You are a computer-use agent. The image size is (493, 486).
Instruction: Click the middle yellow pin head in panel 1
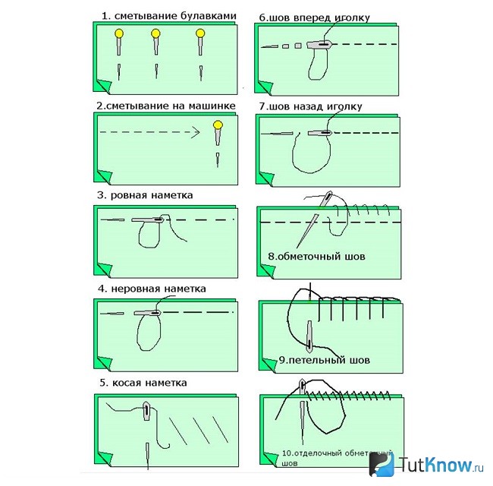click(x=155, y=33)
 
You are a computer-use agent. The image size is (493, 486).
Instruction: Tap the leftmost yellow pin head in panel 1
click(x=119, y=33)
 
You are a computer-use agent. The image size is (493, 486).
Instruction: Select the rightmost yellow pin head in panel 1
click(x=200, y=33)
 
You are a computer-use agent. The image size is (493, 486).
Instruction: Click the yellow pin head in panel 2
click(x=218, y=125)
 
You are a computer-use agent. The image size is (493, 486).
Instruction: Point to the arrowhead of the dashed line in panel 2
click(x=196, y=132)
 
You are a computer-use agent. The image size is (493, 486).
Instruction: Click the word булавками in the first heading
click(x=206, y=16)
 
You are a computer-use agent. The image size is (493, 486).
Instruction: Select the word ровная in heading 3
click(x=129, y=196)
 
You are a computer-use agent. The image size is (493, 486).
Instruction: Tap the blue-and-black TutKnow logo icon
click(x=382, y=464)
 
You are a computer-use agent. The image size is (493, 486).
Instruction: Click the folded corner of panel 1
click(x=103, y=86)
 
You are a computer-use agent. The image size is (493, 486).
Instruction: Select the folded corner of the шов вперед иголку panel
click(x=265, y=87)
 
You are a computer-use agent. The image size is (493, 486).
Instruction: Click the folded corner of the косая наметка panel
click(x=105, y=459)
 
